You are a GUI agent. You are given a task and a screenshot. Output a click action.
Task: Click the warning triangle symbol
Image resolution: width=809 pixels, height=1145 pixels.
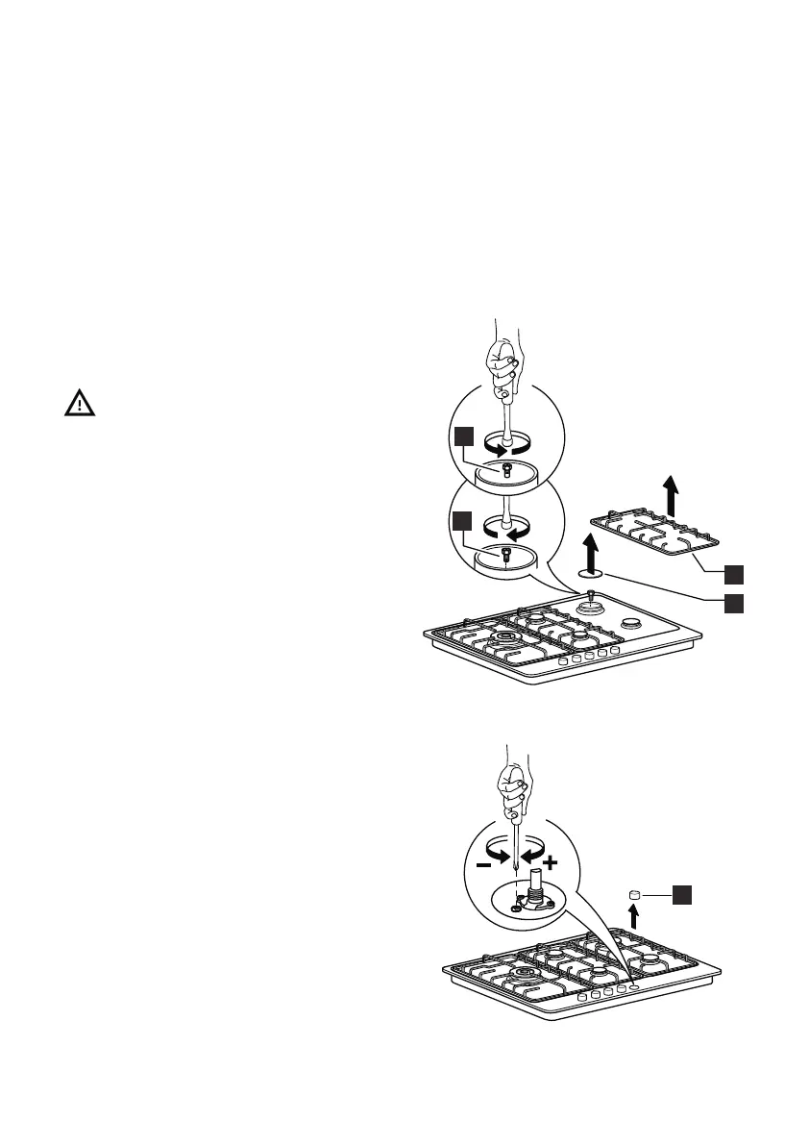[80, 404]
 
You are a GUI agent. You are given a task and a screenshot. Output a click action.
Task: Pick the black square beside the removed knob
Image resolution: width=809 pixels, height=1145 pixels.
[680, 895]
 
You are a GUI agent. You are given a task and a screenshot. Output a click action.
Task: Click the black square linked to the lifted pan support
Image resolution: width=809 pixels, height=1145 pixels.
[734, 574]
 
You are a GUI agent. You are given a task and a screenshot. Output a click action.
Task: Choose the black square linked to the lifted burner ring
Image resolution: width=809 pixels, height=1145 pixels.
[734, 603]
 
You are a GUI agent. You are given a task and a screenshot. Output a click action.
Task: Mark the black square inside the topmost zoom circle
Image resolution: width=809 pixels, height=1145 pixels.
[464, 437]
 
